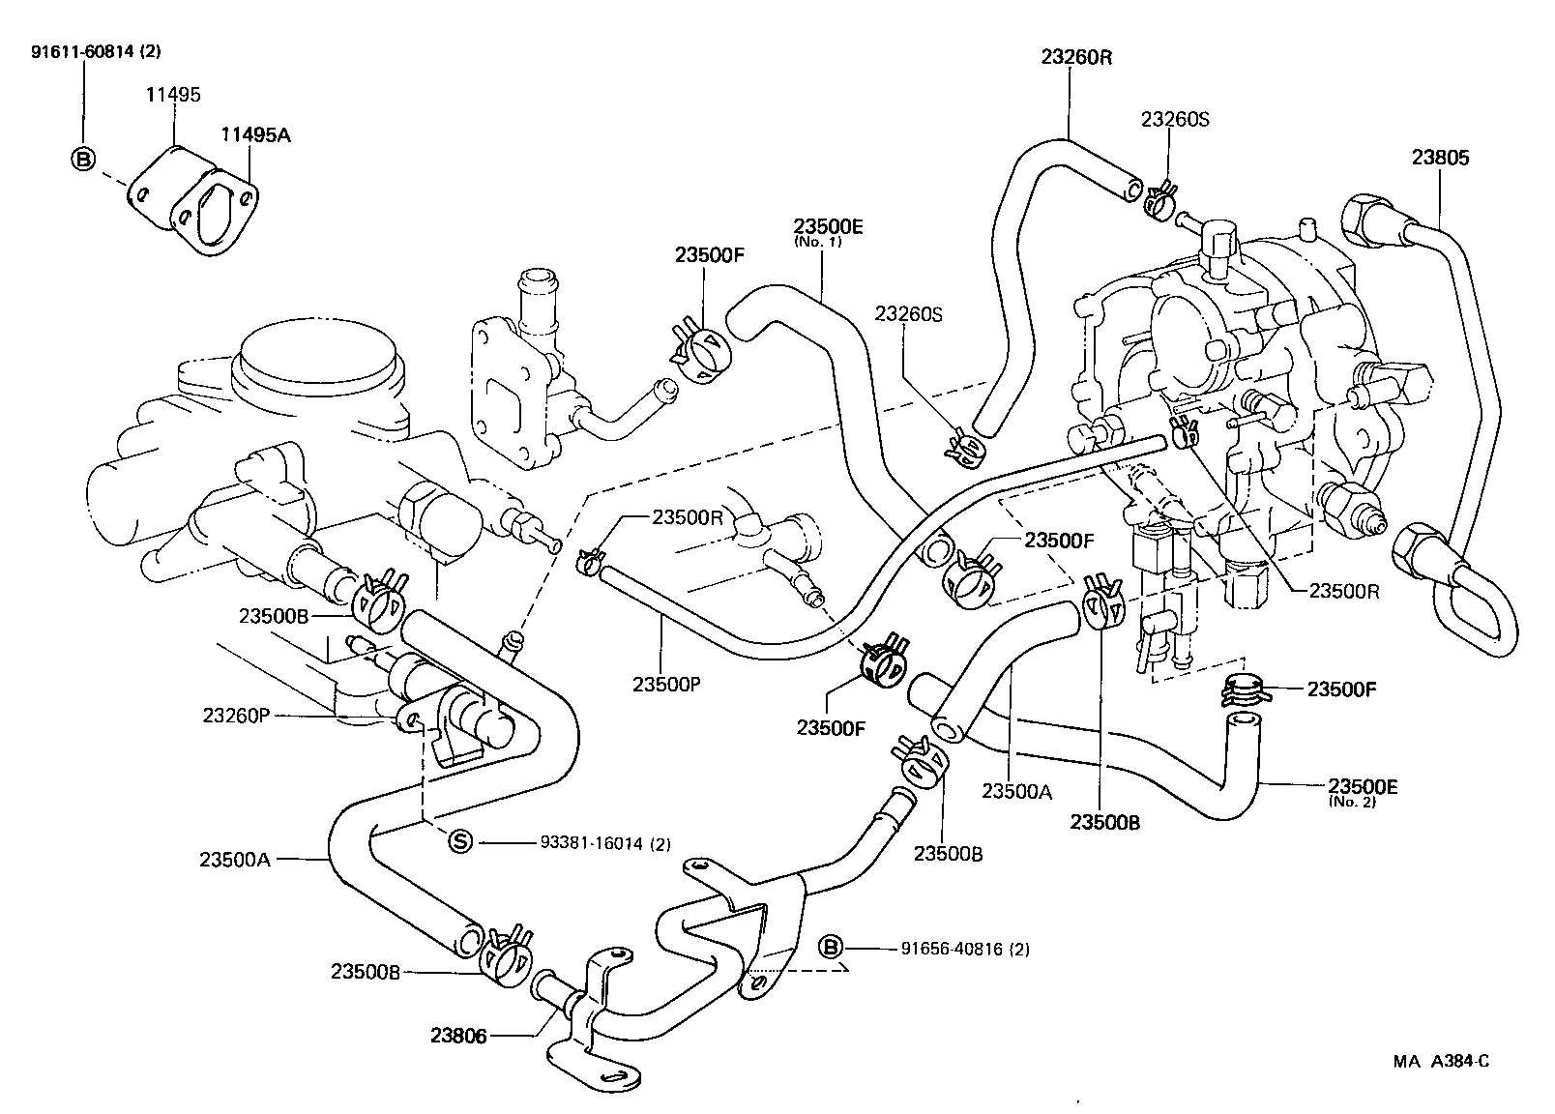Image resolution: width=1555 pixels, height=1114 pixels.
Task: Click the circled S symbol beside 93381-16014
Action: [x=460, y=842]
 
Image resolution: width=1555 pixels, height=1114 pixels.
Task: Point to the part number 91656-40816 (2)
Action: [x=953, y=949]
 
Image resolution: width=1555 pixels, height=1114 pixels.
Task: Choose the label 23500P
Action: [x=666, y=684]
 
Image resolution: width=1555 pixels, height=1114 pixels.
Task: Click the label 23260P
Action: [x=235, y=716]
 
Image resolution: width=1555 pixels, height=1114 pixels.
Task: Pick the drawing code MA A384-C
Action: [x=1440, y=1061]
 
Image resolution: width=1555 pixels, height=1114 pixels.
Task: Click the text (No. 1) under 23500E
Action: [x=818, y=242]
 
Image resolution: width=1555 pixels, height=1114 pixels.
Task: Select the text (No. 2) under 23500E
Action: [x=1353, y=802]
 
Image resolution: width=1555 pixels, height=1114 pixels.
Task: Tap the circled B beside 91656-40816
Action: [x=831, y=948]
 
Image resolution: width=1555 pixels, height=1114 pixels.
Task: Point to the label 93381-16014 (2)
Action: [x=604, y=843]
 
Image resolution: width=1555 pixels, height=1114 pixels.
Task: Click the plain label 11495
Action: [x=173, y=95]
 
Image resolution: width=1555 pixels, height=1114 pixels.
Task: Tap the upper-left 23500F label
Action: [x=709, y=255]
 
